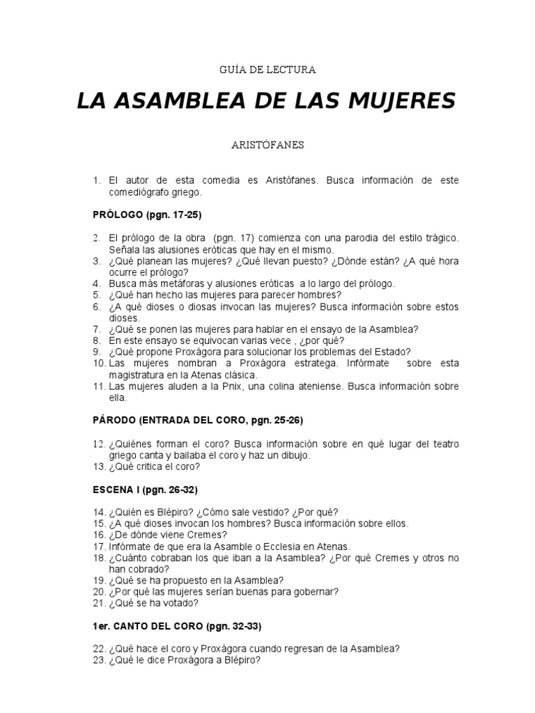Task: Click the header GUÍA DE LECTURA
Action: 267,70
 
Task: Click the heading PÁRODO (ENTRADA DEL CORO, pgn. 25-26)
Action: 198,421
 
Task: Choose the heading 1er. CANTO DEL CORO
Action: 177,626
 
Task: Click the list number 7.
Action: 98,329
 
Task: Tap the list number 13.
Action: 98,467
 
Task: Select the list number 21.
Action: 98,603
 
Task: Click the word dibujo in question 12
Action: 293,455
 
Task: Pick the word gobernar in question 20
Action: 316,591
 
